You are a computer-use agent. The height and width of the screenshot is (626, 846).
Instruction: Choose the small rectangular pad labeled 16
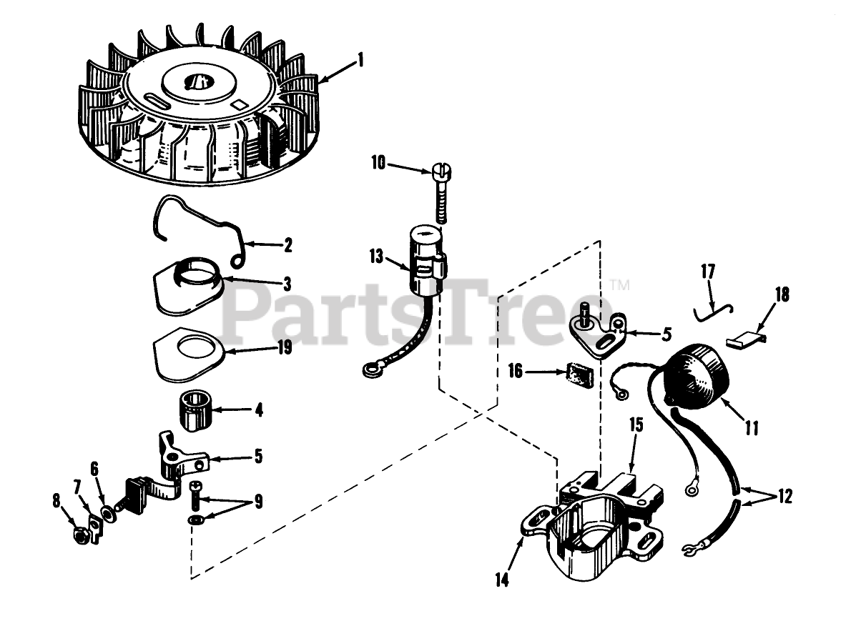[579, 374]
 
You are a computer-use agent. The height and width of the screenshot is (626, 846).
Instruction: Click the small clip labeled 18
[747, 341]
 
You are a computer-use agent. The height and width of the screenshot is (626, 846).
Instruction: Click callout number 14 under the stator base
[502, 580]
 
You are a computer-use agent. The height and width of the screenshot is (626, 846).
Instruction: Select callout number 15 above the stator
[636, 424]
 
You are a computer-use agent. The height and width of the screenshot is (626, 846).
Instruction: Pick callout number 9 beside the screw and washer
[258, 502]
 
